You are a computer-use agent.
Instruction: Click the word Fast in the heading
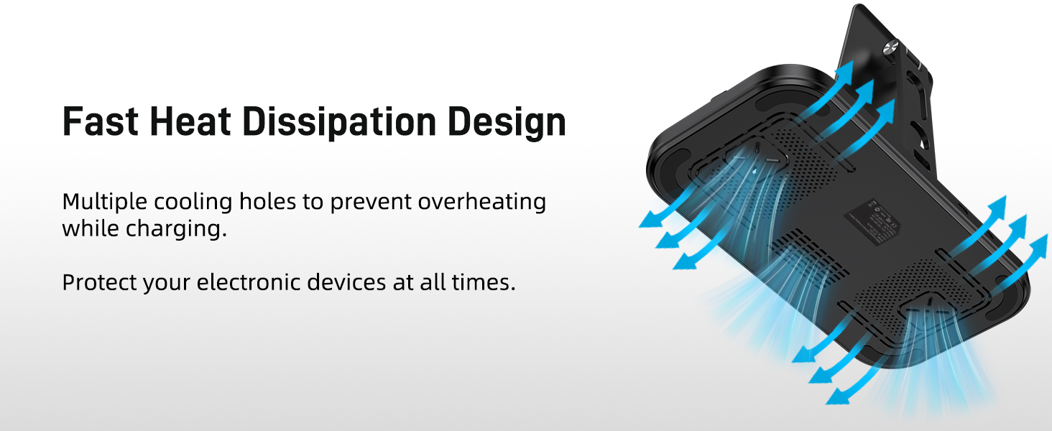pos(100,122)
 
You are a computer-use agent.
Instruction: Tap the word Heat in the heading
pos(190,122)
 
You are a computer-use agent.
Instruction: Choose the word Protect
pos(98,282)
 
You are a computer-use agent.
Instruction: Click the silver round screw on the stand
pos(887,49)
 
